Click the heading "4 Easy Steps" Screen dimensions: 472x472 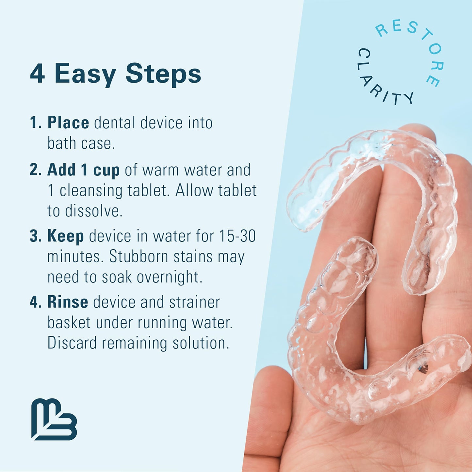tap(115, 74)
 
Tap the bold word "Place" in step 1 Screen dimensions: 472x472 tap(68, 123)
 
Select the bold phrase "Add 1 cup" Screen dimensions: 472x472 tap(83, 170)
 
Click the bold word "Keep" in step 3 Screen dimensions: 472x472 tap(65, 236)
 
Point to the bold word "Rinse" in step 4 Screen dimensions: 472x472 tap(68, 302)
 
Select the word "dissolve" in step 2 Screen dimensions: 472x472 tap(93, 211)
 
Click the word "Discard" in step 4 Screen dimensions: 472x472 tap(72, 343)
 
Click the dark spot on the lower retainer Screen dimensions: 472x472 tap(423, 368)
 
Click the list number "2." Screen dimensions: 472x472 tap(35, 170)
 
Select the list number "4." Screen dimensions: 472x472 tap(35, 302)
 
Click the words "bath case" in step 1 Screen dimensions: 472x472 tap(81, 143)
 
